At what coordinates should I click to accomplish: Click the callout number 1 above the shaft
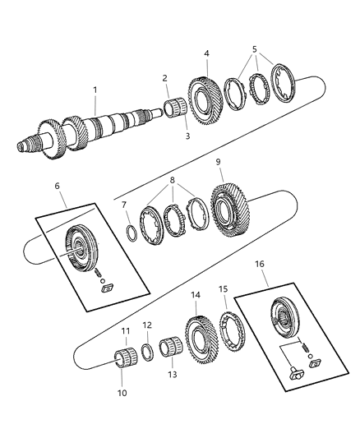95,90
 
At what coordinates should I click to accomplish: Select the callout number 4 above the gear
206,54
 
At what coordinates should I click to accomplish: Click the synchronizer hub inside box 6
80,246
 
